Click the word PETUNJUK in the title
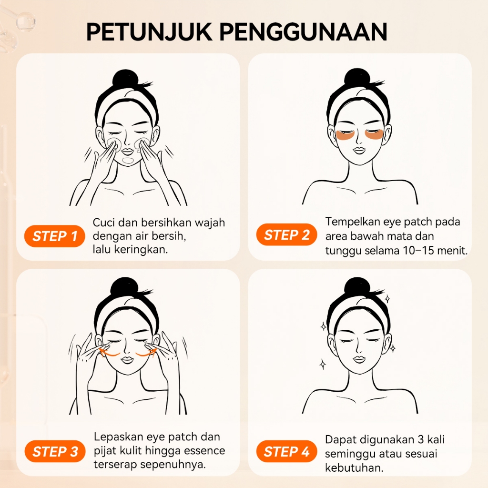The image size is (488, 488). coord(149,32)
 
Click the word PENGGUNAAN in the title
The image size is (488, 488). coord(304,32)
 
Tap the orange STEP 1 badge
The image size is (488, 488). coord(54,236)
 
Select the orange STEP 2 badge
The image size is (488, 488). coord(286,234)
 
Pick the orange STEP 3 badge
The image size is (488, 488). coord(55,452)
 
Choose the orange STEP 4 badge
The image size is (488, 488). coord(286,451)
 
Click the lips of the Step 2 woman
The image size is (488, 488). coord(358,151)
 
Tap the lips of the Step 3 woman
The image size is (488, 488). coord(127,360)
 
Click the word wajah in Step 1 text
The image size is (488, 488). coord(210,223)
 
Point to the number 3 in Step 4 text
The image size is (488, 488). coord(421,439)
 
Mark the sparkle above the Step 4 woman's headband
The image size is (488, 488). coord(387,299)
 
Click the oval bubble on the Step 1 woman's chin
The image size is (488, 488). coord(128,161)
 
